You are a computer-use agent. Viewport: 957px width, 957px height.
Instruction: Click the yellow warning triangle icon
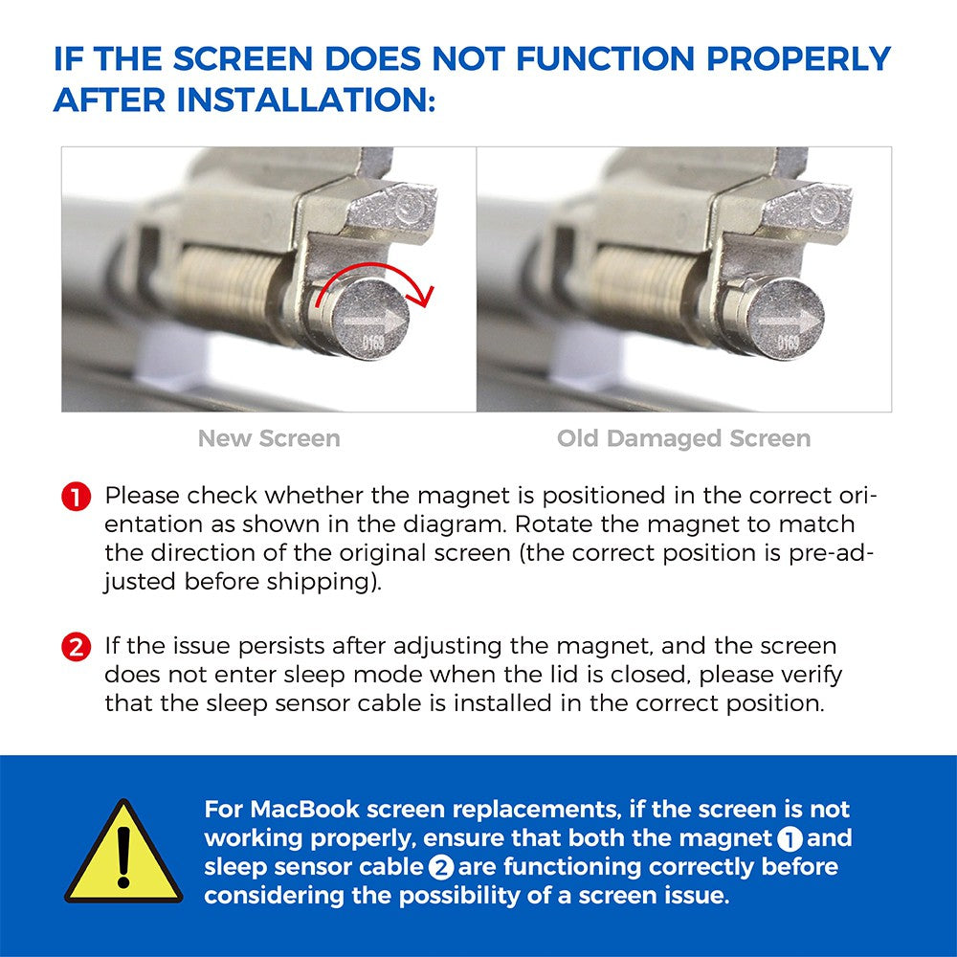(x=123, y=855)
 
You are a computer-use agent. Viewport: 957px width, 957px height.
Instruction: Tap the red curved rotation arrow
(x=373, y=266)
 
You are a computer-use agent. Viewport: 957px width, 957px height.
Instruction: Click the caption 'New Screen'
(x=269, y=438)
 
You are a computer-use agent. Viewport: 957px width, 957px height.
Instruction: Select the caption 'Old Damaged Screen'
(x=683, y=438)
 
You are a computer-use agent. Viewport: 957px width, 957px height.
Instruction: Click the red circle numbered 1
(x=77, y=496)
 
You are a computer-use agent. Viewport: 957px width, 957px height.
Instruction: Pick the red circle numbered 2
(x=77, y=646)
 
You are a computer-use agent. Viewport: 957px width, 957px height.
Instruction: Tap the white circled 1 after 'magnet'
(x=790, y=839)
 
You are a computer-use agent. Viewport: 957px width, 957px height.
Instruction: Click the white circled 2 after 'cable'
(x=440, y=868)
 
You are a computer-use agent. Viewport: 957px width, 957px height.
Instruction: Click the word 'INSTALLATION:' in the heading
(x=306, y=100)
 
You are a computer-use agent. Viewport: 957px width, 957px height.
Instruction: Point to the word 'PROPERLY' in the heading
(x=799, y=58)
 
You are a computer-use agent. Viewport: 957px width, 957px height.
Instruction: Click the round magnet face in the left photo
(x=370, y=319)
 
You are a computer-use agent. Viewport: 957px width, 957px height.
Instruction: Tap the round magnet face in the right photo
(x=786, y=319)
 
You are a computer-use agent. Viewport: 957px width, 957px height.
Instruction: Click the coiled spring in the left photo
(x=227, y=283)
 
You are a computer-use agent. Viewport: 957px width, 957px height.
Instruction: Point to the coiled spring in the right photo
(x=642, y=283)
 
